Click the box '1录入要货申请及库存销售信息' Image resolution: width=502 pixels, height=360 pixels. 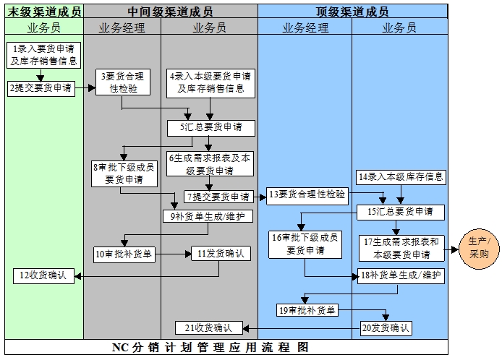[x=43, y=54]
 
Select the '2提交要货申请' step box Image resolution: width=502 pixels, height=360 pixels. [x=41, y=87]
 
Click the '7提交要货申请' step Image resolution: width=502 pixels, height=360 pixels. [x=217, y=197]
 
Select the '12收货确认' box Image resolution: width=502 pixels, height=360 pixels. [x=44, y=275]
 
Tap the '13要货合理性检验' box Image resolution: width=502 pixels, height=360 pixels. [x=307, y=194]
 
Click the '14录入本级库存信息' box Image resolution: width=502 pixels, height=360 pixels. [x=401, y=176]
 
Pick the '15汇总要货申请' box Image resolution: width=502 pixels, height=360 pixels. [x=401, y=212]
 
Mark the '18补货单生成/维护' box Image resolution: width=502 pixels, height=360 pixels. [x=401, y=275]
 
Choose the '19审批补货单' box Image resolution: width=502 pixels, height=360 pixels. [x=307, y=310]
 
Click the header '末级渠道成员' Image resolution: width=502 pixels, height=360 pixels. [x=44, y=12]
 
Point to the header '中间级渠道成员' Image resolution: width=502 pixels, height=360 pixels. [x=171, y=12]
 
